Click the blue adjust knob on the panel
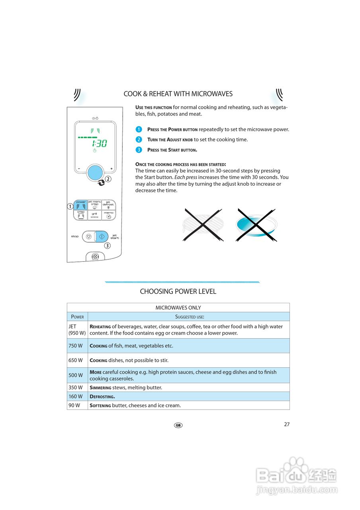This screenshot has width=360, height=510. (x=95, y=173)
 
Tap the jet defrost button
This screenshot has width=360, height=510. (x=108, y=205)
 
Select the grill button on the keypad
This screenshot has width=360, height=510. (x=94, y=215)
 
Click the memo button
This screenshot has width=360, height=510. (x=108, y=215)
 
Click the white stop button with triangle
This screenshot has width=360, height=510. (x=88, y=236)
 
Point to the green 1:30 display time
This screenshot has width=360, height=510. (x=98, y=143)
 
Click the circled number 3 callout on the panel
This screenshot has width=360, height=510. (x=107, y=245)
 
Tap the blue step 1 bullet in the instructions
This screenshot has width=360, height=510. (x=139, y=129)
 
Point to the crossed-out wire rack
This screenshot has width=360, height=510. (x=203, y=225)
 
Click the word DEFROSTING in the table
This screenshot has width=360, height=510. (x=102, y=396)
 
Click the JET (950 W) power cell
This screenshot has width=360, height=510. (x=77, y=330)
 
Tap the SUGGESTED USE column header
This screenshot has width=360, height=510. (x=190, y=317)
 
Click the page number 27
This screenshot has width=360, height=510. (x=287, y=424)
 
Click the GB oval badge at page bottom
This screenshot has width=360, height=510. (x=178, y=425)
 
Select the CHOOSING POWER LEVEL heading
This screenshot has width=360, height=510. (x=178, y=292)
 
